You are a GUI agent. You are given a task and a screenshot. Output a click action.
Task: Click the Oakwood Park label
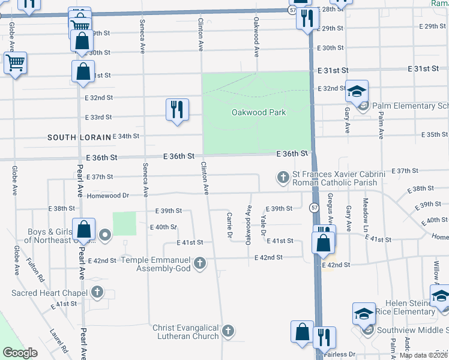pos(259,112)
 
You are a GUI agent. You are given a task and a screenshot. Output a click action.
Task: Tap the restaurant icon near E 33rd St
pos(177,110)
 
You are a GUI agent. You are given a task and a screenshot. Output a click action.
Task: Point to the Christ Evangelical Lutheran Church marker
pos(228,331)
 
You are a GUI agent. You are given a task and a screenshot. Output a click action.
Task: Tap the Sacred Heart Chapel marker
pos(97,293)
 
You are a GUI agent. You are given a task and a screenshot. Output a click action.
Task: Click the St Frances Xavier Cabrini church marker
pos(283,178)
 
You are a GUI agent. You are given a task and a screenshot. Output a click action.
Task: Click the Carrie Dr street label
pos(229,226)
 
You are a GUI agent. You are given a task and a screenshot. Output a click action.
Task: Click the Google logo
pos(20,353)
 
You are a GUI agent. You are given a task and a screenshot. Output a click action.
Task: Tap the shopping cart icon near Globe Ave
pos(15,62)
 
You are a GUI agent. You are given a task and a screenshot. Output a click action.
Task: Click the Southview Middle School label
pos(412,330)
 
